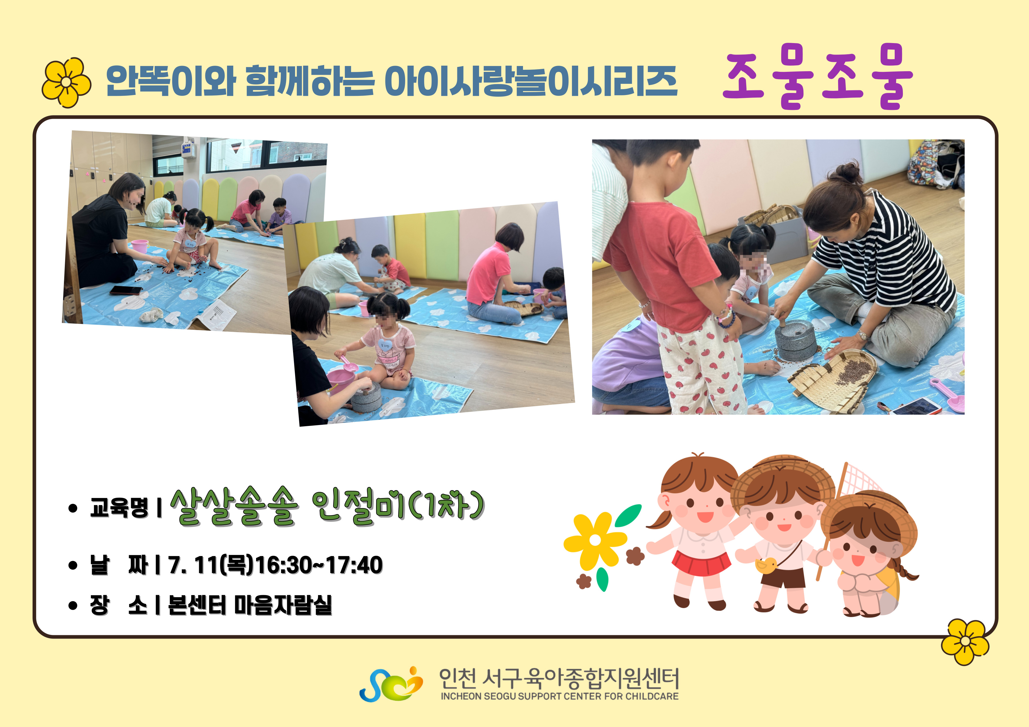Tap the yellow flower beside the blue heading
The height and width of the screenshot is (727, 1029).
(66, 82)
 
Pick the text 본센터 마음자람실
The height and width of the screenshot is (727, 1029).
(250, 605)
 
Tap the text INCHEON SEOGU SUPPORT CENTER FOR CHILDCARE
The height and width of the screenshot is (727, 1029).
(559, 696)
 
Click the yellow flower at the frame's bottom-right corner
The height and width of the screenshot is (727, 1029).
(965, 641)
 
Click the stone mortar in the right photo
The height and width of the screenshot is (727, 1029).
(796, 340)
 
